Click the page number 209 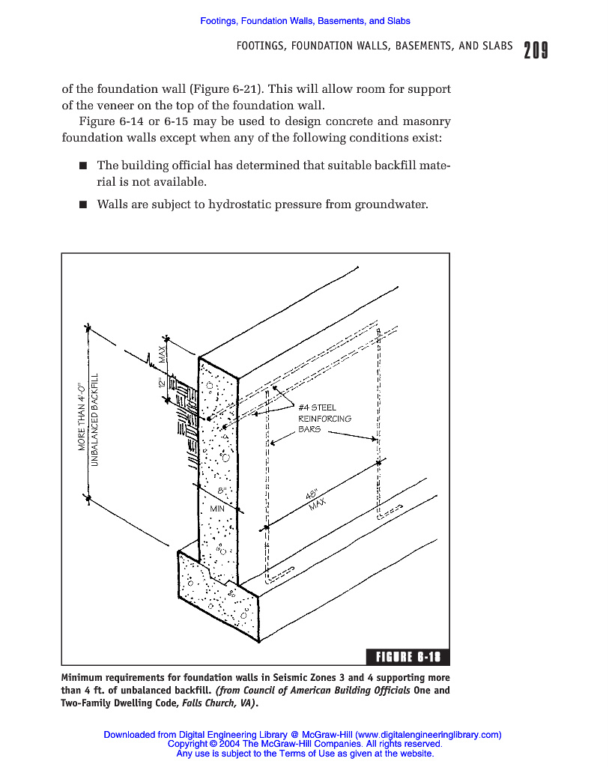tap(536, 50)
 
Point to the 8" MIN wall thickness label tap(219, 500)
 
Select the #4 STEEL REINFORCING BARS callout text tap(324, 419)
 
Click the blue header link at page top tap(305, 21)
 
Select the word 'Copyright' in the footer tap(188, 745)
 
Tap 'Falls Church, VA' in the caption tap(218, 703)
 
